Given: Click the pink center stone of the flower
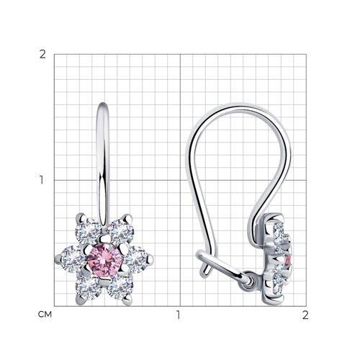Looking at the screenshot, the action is coord(105,260).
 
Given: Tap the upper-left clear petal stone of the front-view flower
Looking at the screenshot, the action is coord(88,231).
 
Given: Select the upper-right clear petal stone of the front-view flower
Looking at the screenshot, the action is coord(121,231).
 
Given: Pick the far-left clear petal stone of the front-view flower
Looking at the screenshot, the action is coord(73,259).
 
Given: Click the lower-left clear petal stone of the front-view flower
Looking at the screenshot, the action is coord(88,287).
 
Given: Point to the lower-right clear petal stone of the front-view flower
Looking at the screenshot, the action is coord(121,287).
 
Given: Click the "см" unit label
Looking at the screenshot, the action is coord(45,315).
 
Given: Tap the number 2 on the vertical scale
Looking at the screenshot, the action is coord(42,55).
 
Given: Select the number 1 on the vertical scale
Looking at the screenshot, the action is coord(42,180).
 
